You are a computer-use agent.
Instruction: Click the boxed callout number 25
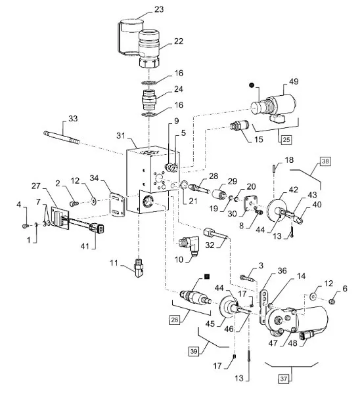(286, 139)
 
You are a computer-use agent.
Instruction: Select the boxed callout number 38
(325, 161)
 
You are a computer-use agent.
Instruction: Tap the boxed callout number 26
(175, 320)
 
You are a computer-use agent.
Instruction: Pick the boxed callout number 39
(194, 351)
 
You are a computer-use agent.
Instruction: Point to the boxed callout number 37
(284, 379)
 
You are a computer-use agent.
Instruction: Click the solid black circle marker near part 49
(252, 85)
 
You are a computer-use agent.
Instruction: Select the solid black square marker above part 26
(207, 276)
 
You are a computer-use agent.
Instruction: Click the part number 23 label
(159, 9)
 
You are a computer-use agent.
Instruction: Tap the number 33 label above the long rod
(73, 119)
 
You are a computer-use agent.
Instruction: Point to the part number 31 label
(121, 136)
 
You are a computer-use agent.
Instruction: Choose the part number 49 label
(294, 81)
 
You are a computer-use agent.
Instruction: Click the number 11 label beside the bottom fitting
(114, 262)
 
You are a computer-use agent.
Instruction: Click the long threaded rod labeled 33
(61, 137)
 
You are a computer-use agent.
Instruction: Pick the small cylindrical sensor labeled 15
(240, 126)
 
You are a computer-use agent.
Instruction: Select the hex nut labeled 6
(332, 302)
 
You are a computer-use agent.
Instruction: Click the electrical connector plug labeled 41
(97, 227)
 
